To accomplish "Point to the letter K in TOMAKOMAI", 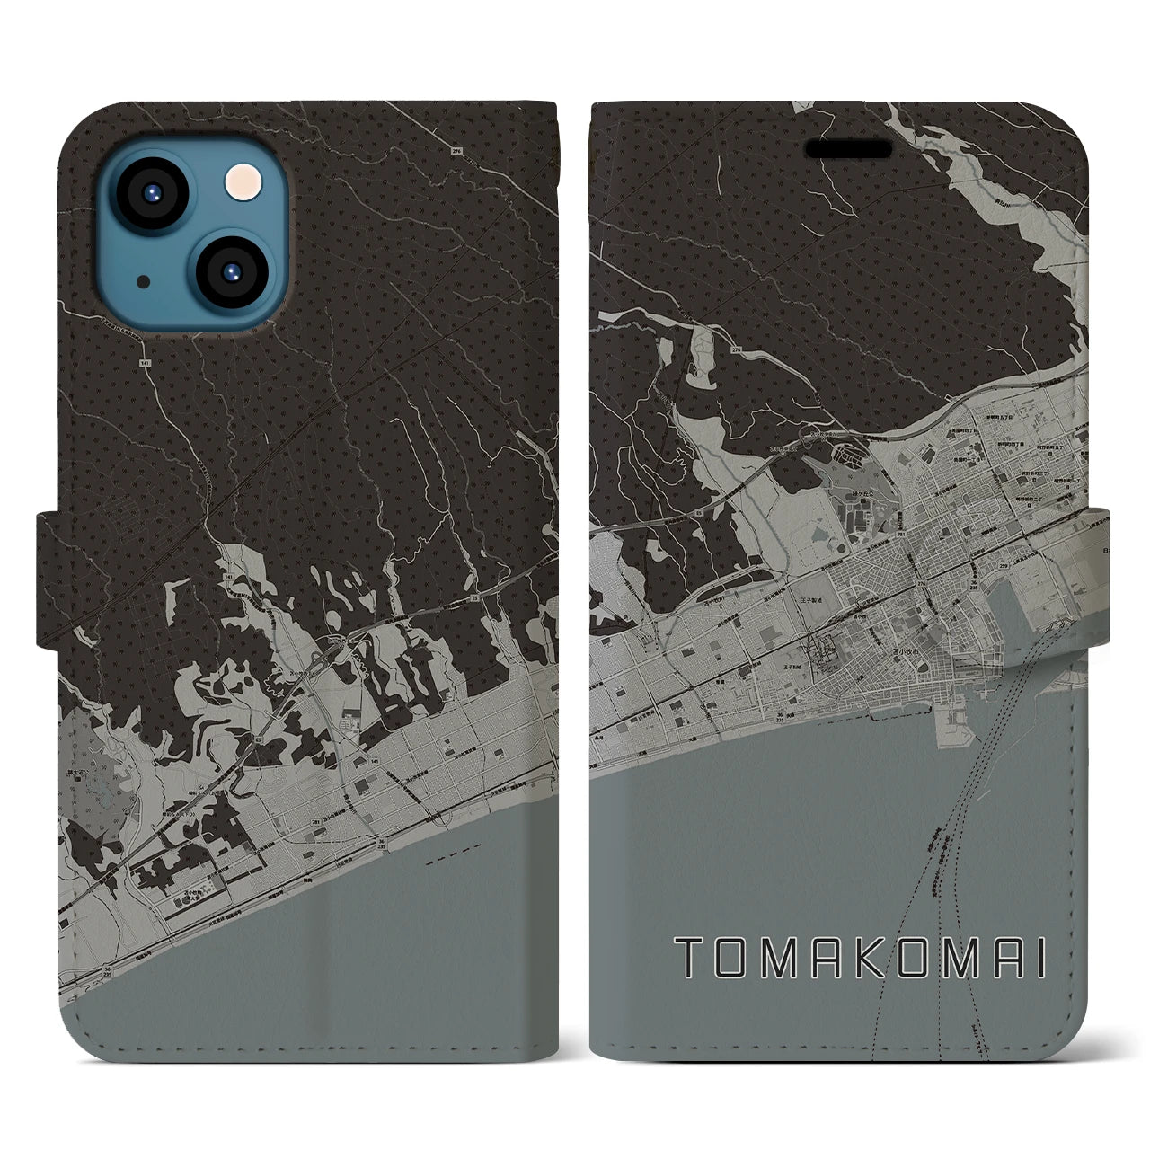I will [858, 960].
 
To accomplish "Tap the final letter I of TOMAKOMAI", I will [1039, 960].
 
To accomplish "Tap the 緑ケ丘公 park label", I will [861, 494].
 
